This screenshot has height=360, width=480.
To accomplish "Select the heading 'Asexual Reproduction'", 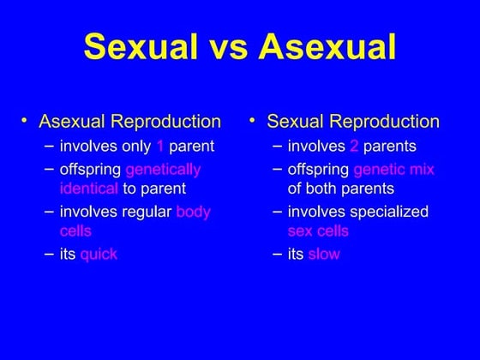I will (130, 121).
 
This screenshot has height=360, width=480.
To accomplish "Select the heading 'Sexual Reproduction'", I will (353, 121).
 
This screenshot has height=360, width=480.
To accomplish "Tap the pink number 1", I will (159, 145).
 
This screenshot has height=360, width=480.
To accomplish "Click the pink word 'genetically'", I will (163, 169).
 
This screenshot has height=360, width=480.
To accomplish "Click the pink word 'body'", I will (193, 211).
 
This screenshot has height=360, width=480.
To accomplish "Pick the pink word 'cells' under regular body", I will (76, 231).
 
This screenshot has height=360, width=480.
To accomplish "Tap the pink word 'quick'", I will (99, 254).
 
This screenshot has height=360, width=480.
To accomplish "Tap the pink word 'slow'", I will (324, 254).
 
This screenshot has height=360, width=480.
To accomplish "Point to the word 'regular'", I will (147, 211).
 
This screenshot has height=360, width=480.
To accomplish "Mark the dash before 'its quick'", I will (50, 254).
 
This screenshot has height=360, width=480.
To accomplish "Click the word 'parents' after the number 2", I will (390, 145).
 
